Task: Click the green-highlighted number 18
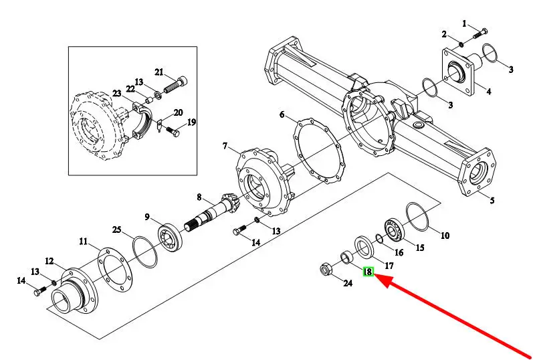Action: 368,272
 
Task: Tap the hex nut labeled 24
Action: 326,270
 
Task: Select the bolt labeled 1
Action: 480,33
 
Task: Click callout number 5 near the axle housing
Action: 492,200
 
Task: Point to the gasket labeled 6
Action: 319,151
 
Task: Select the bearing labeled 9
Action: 170,237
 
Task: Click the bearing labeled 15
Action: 394,231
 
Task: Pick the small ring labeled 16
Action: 379,239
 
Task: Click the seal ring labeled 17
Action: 364,247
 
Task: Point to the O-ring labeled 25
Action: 145,252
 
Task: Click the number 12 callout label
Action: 49,261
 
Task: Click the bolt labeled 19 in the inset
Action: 173,132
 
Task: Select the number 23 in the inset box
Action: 117,93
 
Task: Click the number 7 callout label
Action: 225,146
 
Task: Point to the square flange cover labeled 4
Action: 457,72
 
